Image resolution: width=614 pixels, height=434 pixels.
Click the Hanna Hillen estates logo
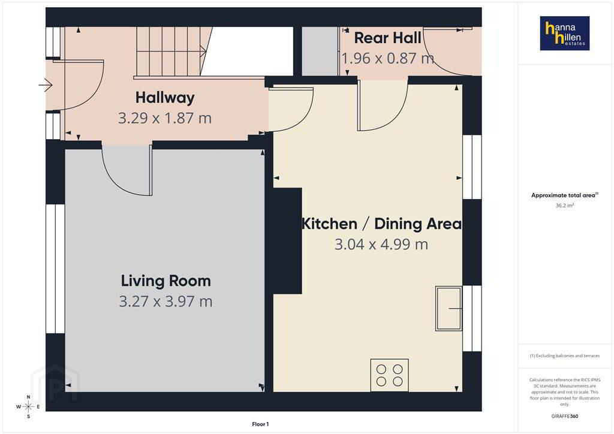(565, 33)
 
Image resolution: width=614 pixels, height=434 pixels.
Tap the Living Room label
(165, 281)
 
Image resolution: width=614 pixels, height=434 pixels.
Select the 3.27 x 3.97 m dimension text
(165, 302)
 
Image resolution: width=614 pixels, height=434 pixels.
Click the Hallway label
(165, 98)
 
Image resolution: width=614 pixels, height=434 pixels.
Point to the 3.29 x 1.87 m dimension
(165, 118)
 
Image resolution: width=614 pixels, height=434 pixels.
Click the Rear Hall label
(388, 38)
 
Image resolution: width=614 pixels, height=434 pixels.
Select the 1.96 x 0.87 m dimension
(388, 58)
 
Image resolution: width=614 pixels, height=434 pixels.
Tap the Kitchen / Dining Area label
(382, 224)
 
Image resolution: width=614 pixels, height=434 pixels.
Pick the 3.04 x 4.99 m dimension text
(381, 244)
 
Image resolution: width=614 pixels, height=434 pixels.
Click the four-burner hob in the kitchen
(389, 375)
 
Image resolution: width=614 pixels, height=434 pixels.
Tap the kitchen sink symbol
(449, 308)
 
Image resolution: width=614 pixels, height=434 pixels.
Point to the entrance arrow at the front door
(46, 85)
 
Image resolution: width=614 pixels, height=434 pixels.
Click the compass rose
(28, 406)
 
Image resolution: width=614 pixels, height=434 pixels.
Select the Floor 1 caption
(260, 424)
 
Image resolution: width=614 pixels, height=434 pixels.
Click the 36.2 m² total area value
(565, 206)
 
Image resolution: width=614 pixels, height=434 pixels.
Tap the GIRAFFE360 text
(565, 416)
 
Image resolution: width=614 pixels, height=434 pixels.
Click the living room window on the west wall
(56, 269)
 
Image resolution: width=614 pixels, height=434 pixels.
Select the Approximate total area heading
(565, 195)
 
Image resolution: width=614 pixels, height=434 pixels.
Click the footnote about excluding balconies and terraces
(565, 355)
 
